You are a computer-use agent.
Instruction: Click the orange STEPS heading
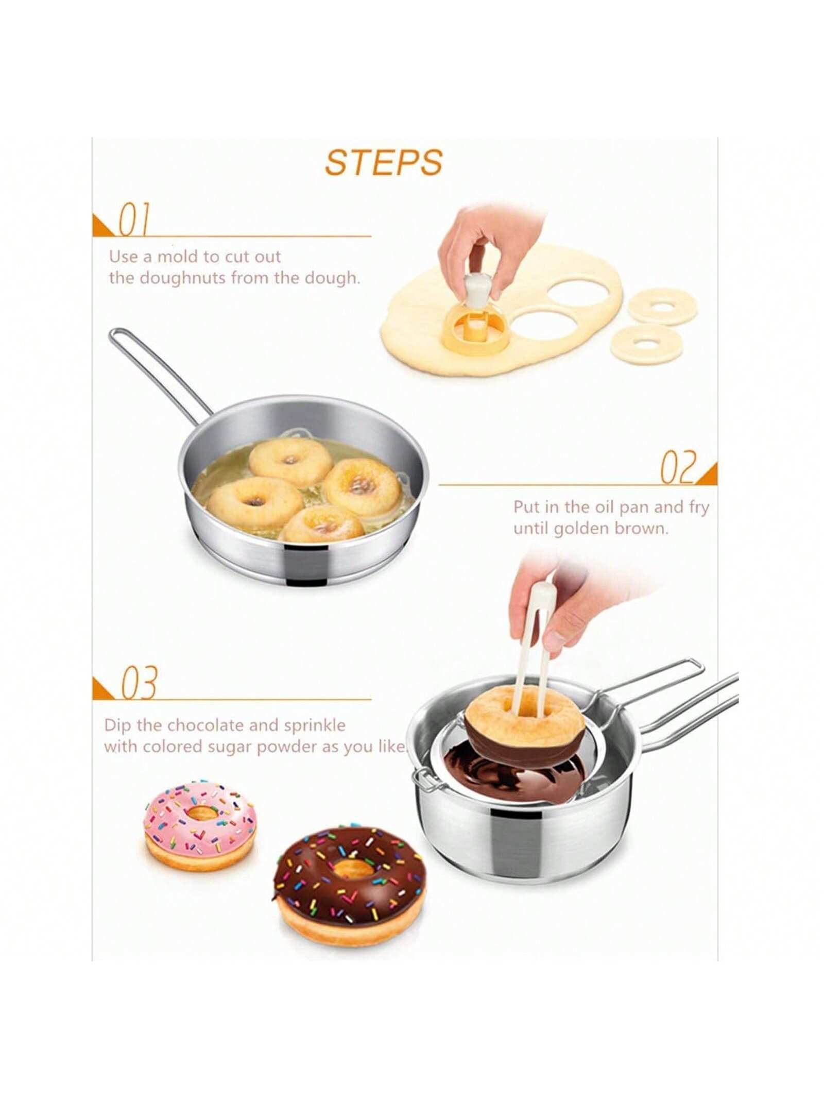tap(384, 162)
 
